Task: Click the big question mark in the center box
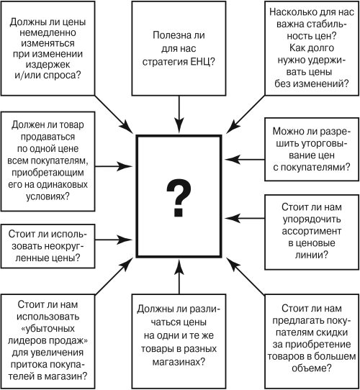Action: coord(179,198)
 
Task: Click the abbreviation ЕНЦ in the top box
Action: coord(200,62)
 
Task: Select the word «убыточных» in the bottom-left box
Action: coord(48,328)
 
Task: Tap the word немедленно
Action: coord(48,32)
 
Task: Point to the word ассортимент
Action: coord(312,231)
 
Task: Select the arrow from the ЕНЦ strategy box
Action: coord(179,114)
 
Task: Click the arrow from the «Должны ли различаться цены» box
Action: coord(179,276)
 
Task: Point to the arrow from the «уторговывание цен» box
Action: coord(245,160)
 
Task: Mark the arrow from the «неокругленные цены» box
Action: coord(114,240)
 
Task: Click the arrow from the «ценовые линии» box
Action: coord(245,218)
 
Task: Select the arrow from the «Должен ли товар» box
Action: coord(114,166)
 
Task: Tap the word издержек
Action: coord(48,65)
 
